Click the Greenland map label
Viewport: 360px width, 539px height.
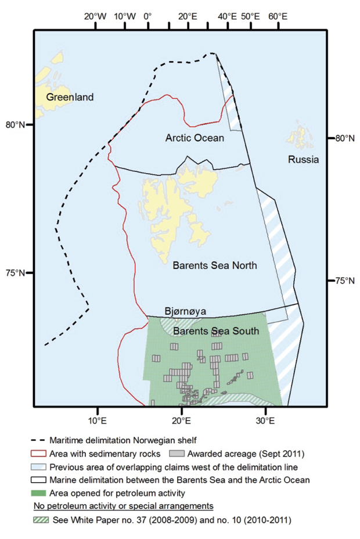pyautogui.click(x=70, y=98)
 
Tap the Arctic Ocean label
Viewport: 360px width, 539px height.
pyautogui.click(x=195, y=138)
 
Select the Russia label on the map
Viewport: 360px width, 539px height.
pyautogui.click(x=304, y=160)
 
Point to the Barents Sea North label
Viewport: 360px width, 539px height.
pyautogui.click(x=215, y=265)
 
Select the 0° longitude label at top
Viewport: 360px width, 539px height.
pyautogui.click(x=147, y=16)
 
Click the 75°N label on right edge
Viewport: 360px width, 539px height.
pyautogui.click(x=342, y=281)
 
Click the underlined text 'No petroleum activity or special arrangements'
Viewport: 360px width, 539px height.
pyautogui.click(x=124, y=506)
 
